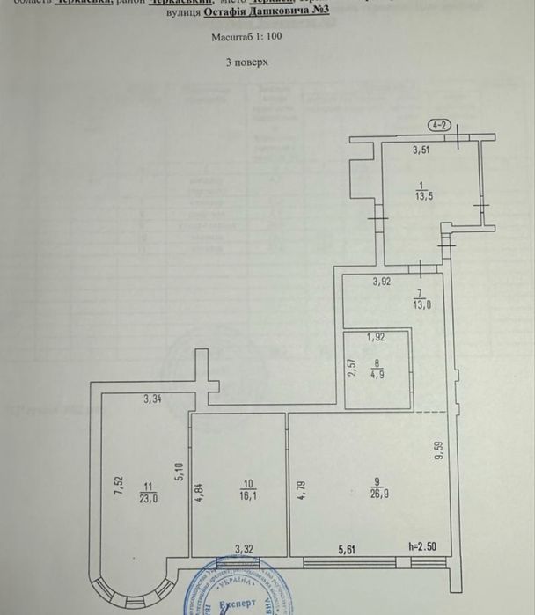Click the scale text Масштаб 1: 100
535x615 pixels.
coord(246,38)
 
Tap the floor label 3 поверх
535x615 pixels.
coord(246,63)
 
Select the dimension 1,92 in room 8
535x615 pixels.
coord(375,336)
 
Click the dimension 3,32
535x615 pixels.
coord(244,550)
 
